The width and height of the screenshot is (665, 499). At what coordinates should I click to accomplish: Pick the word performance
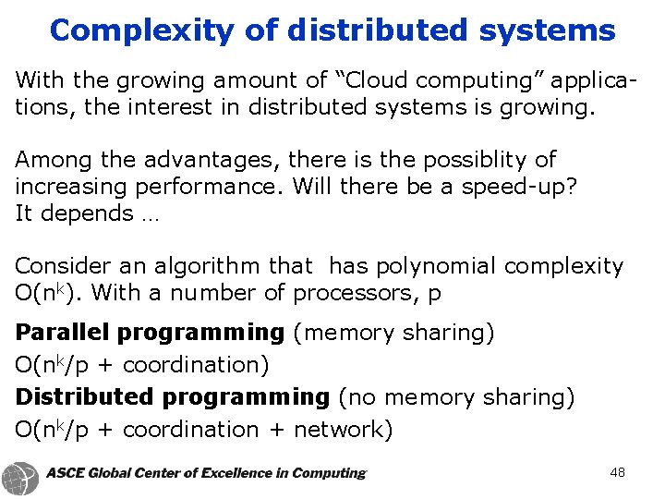point(210,187)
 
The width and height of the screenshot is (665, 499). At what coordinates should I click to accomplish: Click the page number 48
point(618,472)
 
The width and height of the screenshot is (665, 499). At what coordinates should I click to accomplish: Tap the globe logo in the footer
point(20,477)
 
